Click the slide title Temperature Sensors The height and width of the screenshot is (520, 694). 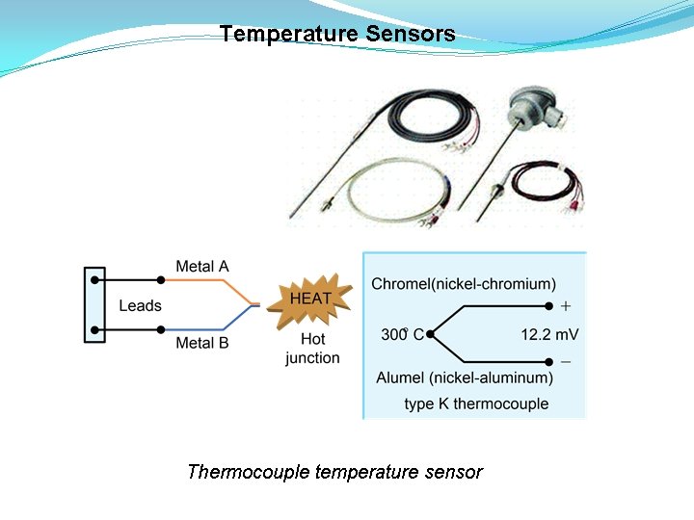[337, 35]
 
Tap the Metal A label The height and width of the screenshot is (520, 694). [202, 266]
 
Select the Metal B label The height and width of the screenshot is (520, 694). [202, 343]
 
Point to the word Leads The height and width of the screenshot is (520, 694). [140, 305]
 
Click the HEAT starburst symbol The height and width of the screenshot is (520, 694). [310, 299]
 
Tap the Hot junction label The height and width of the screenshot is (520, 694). [312, 349]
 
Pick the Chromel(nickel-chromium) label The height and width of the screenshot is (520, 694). [464, 284]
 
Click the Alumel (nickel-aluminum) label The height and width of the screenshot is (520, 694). [465, 377]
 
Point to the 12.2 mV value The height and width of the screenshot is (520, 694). [549, 335]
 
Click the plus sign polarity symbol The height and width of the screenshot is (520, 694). [566, 306]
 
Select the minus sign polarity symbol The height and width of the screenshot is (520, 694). [566, 361]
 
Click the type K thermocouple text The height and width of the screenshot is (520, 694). [476, 403]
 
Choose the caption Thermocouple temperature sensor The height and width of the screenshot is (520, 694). [334, 472]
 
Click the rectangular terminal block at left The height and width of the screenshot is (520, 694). [94, 304]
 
